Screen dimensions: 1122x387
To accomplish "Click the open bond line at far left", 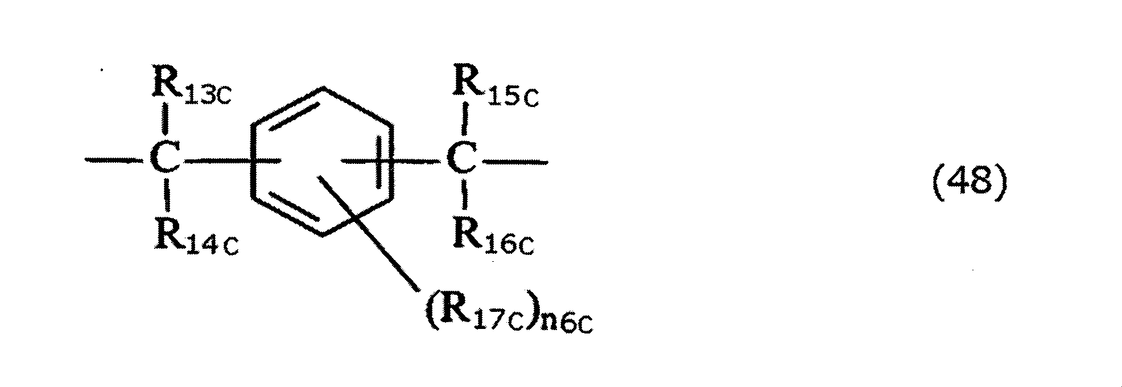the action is coord(111,162).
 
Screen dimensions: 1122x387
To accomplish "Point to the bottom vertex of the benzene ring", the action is coord(323,235).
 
